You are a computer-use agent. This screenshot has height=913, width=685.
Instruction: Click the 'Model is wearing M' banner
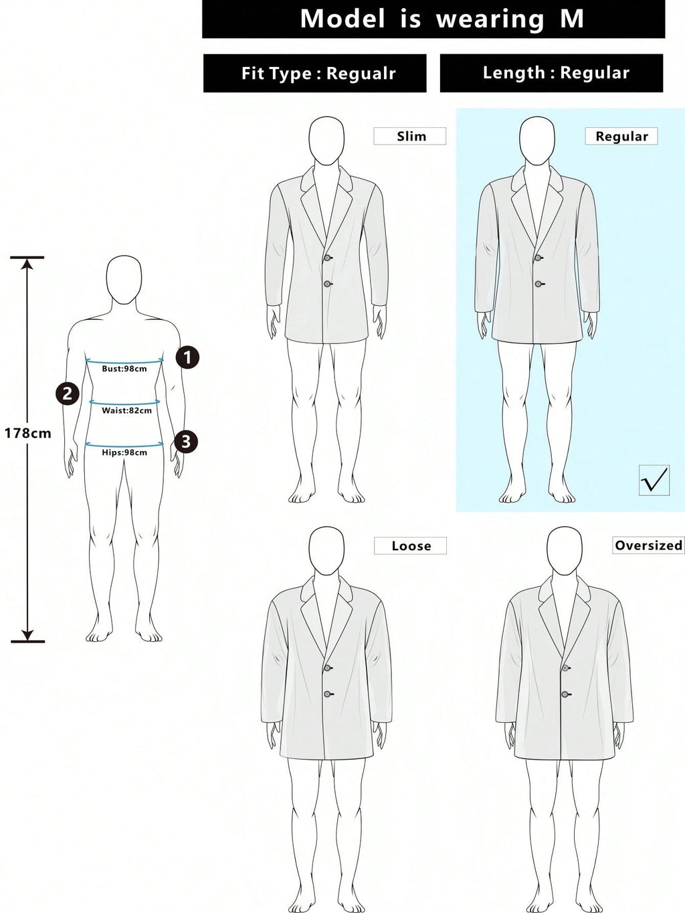(x=433, y=19)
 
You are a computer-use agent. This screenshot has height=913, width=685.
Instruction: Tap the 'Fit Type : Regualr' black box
(x=314, y=73)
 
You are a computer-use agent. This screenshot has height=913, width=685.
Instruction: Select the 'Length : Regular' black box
(x=551, y=73)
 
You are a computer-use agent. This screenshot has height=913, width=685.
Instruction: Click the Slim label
(x=410, y=136)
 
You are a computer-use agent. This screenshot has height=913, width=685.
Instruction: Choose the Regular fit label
(x=621, y=136)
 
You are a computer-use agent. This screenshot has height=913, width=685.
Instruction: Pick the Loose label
(x=410, y=546)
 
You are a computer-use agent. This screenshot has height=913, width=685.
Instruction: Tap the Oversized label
(x=648, y=545)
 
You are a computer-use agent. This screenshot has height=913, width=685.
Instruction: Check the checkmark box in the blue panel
(x=654, y=480)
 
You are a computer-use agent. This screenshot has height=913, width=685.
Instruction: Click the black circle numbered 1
(x=187, y=357)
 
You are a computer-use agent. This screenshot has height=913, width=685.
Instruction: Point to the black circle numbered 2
(x=68, y=393)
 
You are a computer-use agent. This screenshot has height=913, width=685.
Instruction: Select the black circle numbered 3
(x=185, y=441)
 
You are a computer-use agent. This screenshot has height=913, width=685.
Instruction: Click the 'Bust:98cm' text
(x=124, y=369)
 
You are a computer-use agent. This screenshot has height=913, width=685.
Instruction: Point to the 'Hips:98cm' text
(x=124, y=452)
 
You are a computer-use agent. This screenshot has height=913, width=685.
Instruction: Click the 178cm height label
(x=27, y=434)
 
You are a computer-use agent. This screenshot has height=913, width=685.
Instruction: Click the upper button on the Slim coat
(x=328, y=258)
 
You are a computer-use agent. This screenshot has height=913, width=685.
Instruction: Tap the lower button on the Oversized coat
(x=565, y=694)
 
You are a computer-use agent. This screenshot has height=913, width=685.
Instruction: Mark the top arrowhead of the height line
(x=27, y=263)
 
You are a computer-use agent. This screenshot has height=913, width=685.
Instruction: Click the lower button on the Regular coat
(x=539, y=284)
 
